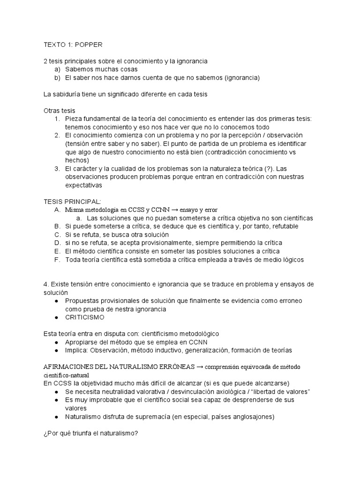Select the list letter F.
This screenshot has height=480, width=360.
(x=57, y=259)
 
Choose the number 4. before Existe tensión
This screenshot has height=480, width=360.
(x=46, y=284)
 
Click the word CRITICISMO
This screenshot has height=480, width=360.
(x=85, y=317)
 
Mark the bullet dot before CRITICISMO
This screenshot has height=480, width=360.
(x=57, y=317)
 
